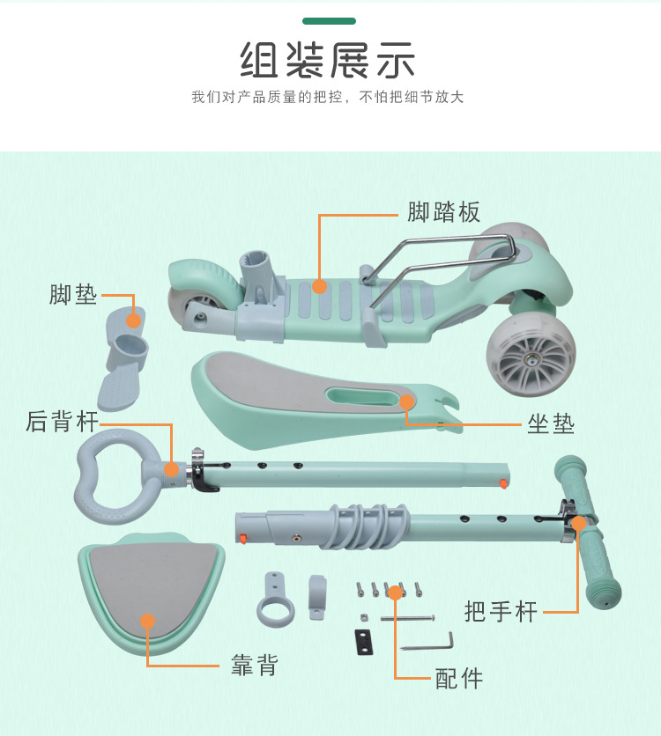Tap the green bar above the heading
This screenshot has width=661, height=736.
329,20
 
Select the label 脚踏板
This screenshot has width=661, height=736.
443,212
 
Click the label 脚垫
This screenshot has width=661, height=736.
73,294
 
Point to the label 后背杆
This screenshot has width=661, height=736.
63,422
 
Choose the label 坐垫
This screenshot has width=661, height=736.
551,424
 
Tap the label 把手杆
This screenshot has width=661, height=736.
501,611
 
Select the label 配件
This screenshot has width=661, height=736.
459,678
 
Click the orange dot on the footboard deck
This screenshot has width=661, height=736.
319,286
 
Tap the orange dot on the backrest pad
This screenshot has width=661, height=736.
148,622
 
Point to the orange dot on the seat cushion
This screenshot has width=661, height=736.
406,402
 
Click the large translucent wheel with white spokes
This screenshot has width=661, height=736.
530,356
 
